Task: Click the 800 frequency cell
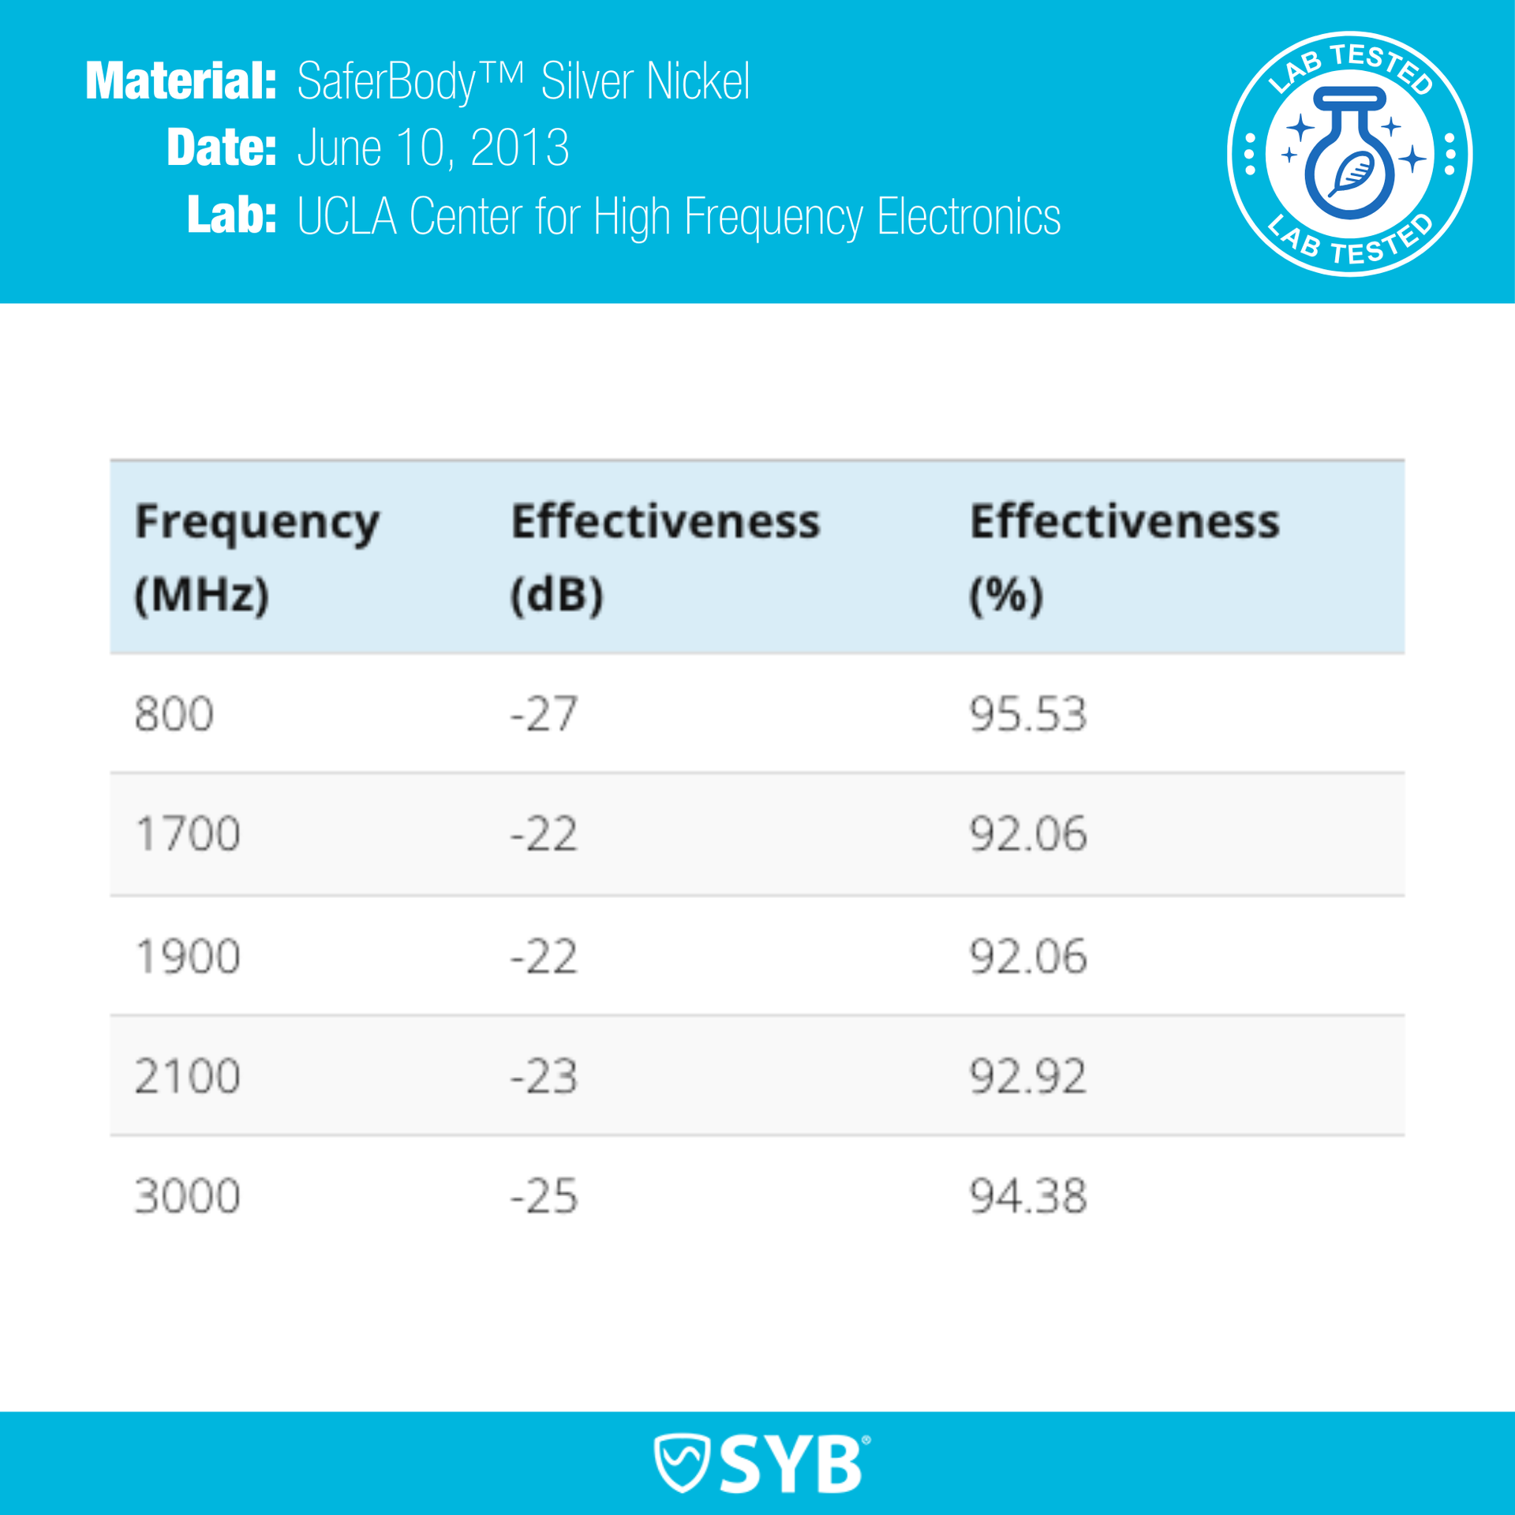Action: tap(174, 714)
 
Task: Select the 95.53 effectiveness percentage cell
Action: tap(1027, 714)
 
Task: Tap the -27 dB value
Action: tap(544, 714)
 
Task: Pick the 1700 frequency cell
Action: tap(187, 834)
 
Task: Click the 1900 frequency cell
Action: tap(187, 956)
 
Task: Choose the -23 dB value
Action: tap(544, 1076)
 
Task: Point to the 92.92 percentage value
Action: tap(1027, 1076)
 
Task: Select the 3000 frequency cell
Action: tap(187, 1196)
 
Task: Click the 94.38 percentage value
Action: tap(1027, 1196)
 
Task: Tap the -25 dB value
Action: tap(544, 1196)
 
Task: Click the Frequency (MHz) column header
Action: tap(256, 557)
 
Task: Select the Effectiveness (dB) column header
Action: tap(665, 557)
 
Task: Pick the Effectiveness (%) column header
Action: tap(1124, 557)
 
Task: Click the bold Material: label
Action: tap(181, 81)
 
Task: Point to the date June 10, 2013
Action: tap(432, 148)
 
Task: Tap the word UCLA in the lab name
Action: tap(346, 216)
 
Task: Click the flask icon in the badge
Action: tap(1349, 154)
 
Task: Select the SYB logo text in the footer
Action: tap(791, 1464)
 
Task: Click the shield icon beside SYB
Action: tap(682, 1463)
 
